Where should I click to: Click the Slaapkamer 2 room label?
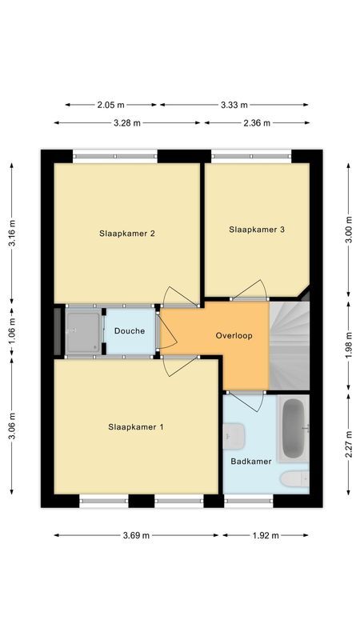coord(126,234)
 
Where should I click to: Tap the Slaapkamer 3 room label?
coord(257,230)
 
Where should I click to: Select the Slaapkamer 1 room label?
coord(136,427)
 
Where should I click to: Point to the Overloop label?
coord(234,336)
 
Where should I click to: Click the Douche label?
coord(129,331)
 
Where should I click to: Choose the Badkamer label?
coord(251,462)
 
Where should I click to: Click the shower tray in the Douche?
coord(83,330)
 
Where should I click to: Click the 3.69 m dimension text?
coord(137,535)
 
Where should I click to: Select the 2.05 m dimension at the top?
coord(112,105)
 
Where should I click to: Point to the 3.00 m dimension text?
coord(348,230)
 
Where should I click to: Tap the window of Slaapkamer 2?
coord(114,155)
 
